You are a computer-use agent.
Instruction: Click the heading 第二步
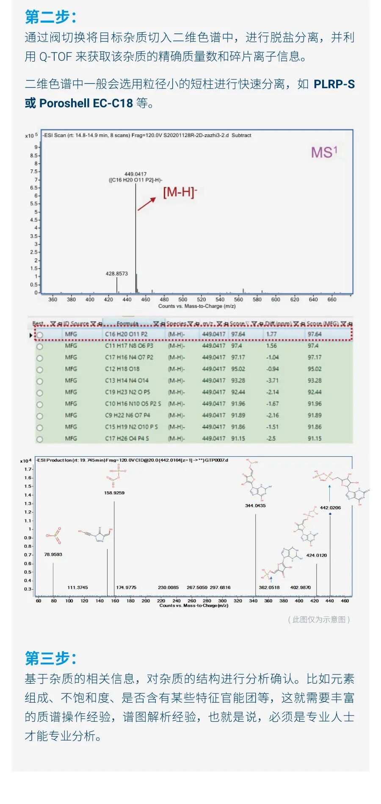point(50,17)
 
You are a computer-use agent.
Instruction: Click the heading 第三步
point(50,658)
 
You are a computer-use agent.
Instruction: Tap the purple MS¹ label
point(324,152)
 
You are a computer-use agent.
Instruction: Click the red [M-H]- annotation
point(180,192)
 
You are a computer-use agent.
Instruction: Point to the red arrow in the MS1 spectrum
point(146,204)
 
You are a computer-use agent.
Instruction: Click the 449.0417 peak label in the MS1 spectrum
point(135,174)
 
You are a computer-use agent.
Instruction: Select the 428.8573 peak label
point(117,274)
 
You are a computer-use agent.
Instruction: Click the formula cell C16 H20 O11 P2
point(126,334)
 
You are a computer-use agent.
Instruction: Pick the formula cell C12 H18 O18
point(122,369)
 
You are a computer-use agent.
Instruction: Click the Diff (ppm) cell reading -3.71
point(273,380)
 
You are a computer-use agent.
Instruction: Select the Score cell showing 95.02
point(238,369)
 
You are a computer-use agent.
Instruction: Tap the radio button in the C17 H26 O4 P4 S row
point(40,439)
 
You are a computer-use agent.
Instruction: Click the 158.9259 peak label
point(114,493)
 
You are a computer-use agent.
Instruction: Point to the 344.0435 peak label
point(255,505)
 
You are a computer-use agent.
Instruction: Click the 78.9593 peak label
point(53,554)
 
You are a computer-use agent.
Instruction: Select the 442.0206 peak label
point(330,507)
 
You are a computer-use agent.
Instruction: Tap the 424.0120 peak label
point(316,555)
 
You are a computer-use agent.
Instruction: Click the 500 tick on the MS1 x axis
point(182,299)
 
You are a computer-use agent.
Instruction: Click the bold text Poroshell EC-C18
point(86,103)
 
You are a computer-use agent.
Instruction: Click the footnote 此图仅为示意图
point(319,619)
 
